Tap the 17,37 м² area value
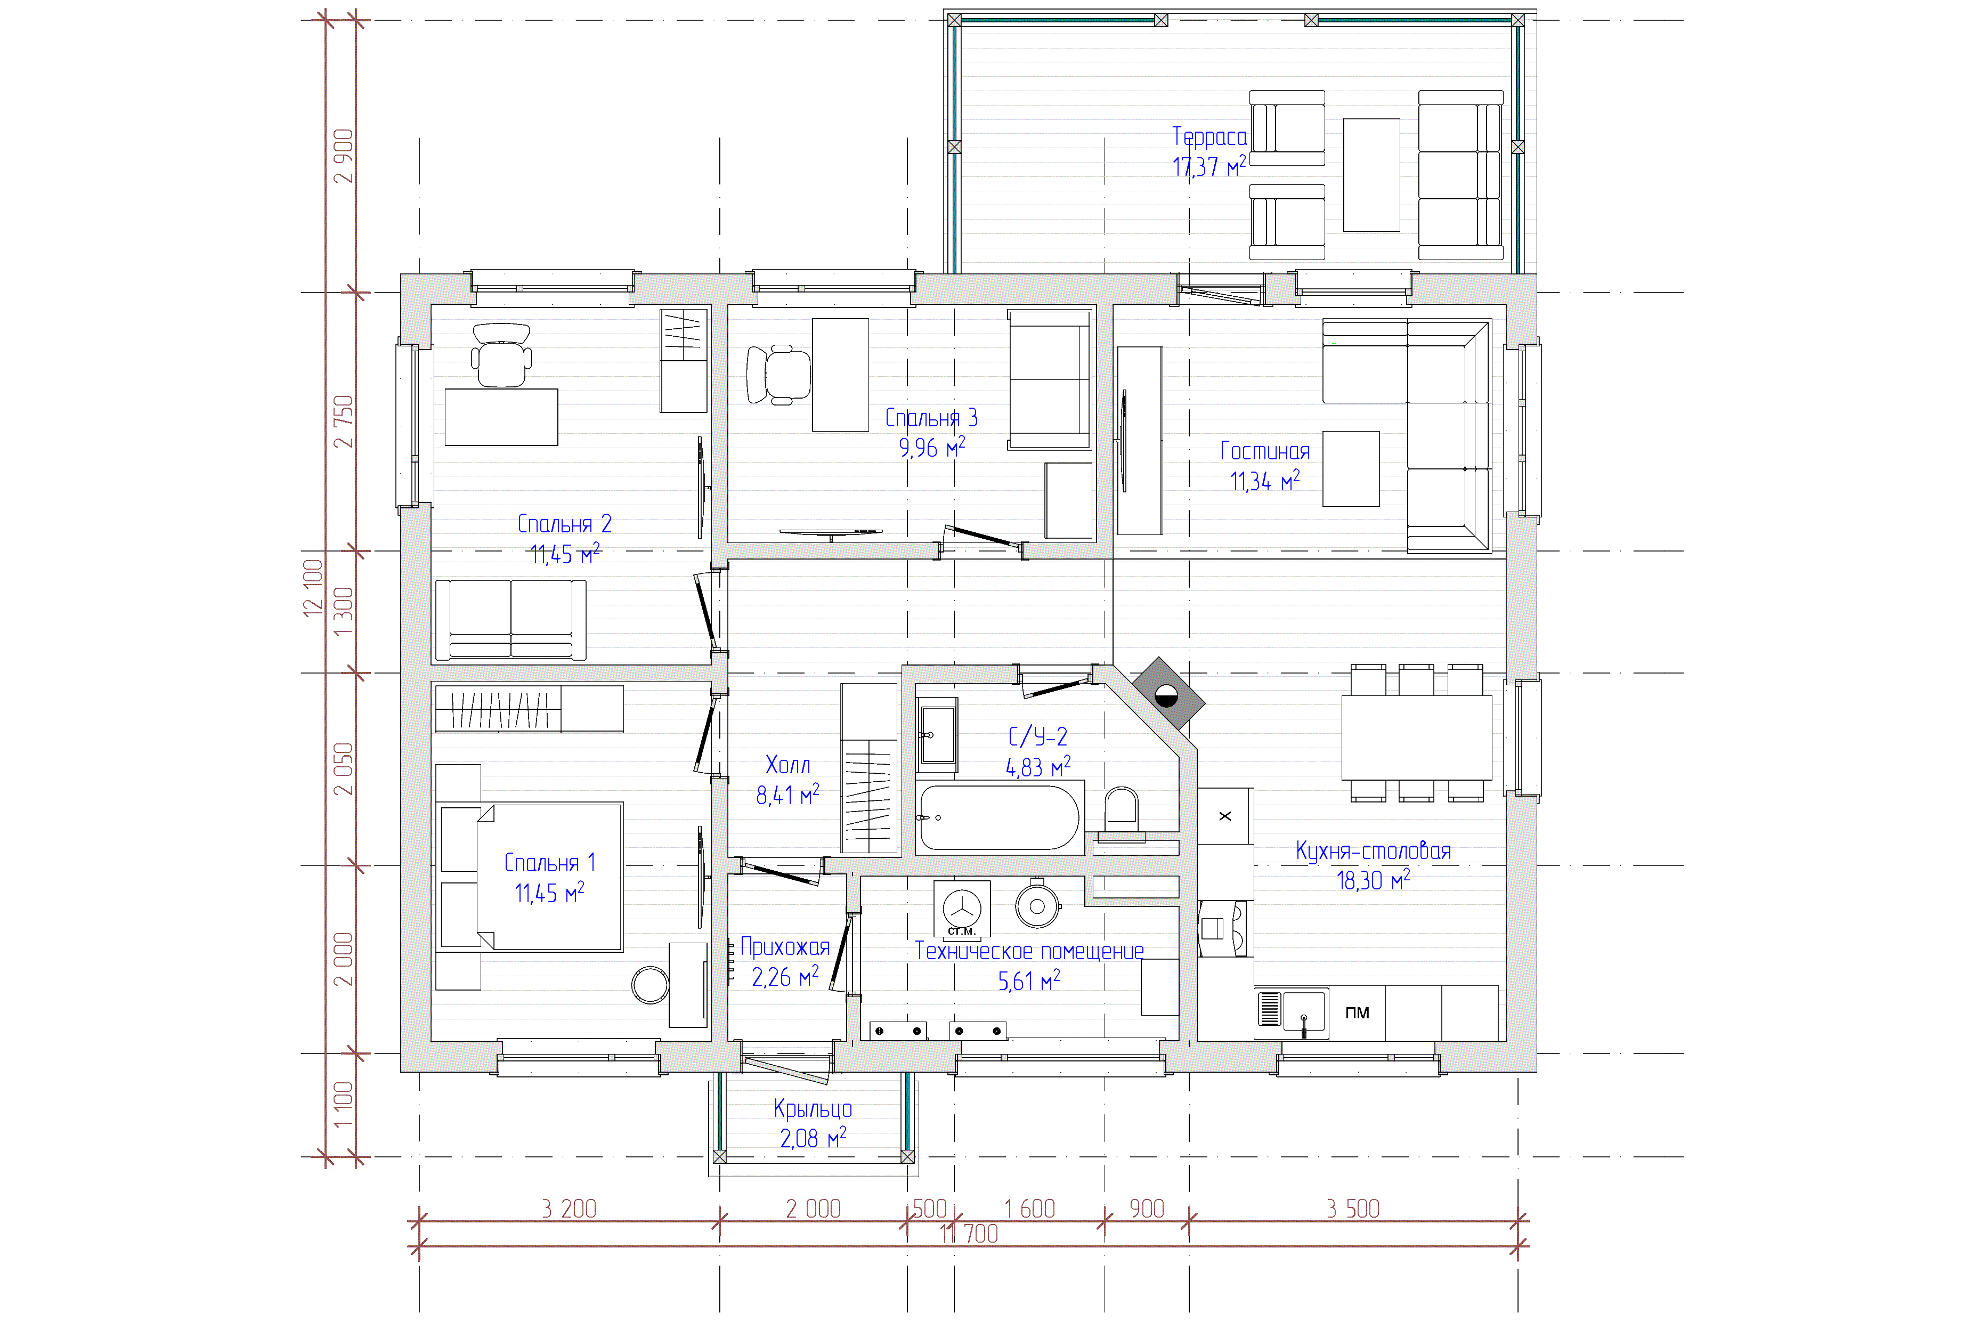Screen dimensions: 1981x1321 tap(1208, 166)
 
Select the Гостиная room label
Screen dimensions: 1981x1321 tap(1264, 451)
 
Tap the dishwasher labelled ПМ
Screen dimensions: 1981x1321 tap(1357, 1012)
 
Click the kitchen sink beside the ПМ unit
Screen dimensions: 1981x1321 tap(1292, 1012)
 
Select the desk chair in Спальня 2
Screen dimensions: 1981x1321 tap(501, 355)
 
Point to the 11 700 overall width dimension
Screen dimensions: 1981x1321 tap(969, 1234)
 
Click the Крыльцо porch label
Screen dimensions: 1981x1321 tap(813, 1109)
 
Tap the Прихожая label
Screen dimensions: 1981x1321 tap(785, 947)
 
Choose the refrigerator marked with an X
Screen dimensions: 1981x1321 tap(1225, 815)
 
